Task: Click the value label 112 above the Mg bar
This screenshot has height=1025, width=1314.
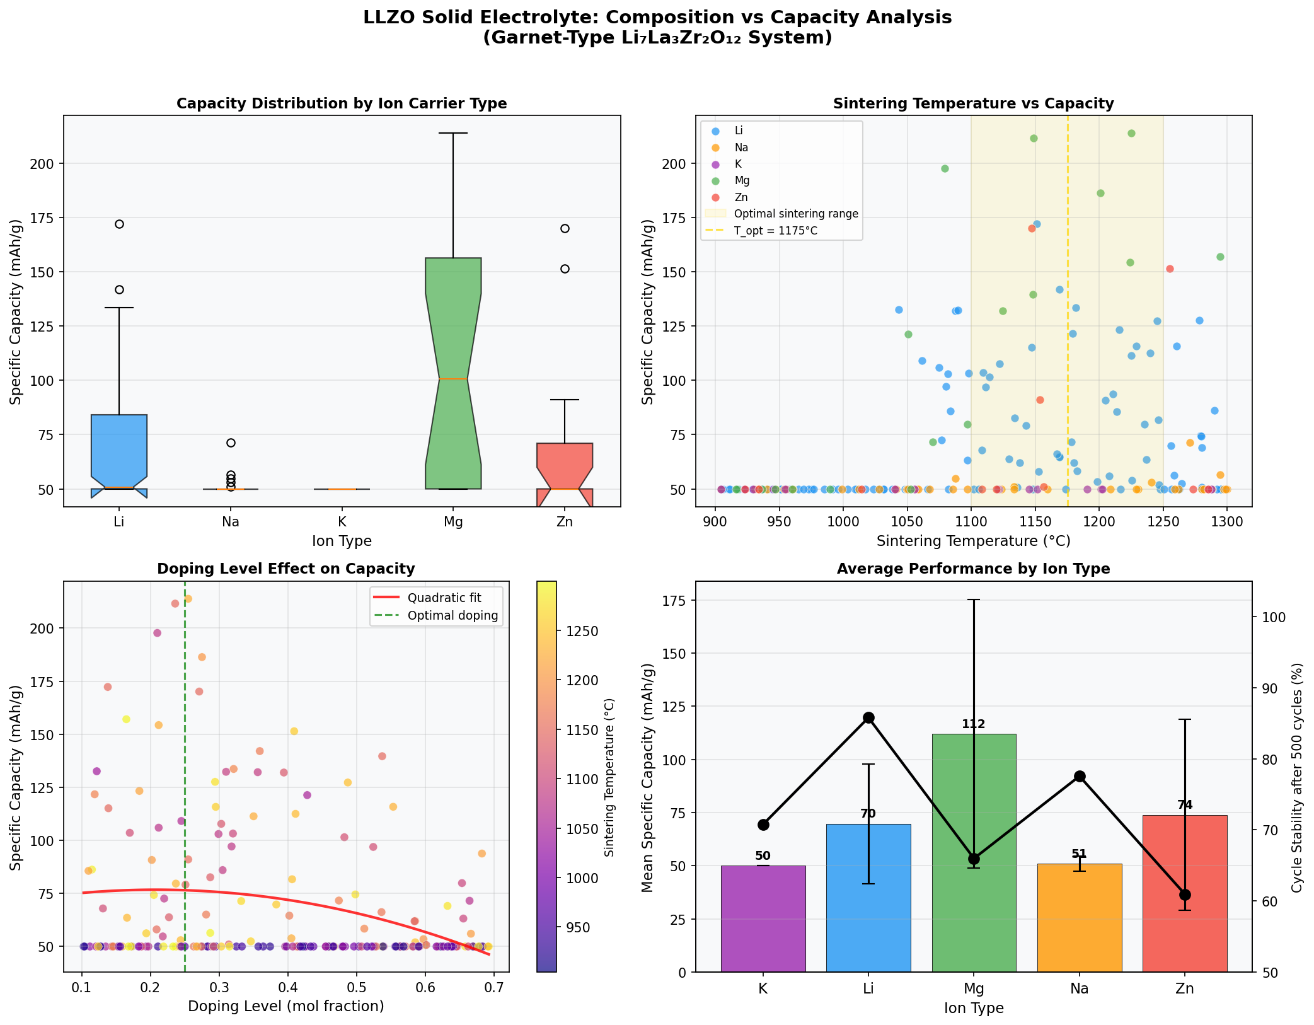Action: click(x=974, y=724)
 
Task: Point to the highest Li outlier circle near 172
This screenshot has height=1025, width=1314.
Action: click(x=119, y=224)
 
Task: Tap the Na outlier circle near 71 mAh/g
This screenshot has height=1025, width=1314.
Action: click(x=231, y=443)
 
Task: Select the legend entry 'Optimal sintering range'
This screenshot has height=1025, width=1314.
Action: click(x=796, y=214)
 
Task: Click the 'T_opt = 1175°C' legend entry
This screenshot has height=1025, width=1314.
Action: click(x=776, y=231)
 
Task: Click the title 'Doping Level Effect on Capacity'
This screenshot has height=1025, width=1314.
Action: click(x=285, y=569)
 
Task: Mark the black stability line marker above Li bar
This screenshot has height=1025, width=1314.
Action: click(x=868, y=717)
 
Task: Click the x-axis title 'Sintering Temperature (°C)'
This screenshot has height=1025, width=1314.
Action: click(x=973, y=541)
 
